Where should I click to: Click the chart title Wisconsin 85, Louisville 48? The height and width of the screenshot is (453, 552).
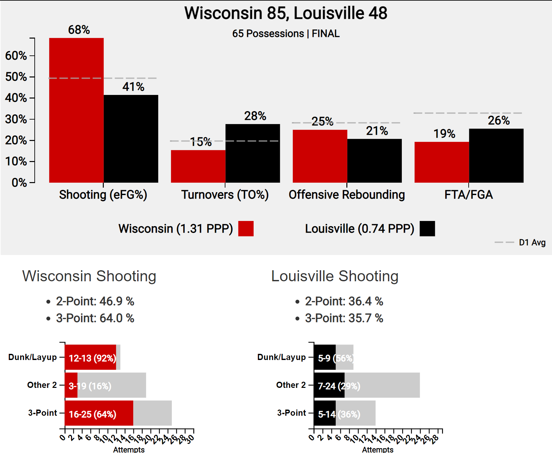point(286,13)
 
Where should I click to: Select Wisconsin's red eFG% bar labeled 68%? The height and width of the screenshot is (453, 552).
point(76,110)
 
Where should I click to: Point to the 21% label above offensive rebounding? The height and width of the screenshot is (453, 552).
point(377,131)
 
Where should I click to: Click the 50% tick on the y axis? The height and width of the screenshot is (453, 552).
point(16,77)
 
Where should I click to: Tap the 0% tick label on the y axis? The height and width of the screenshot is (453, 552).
point(19,182)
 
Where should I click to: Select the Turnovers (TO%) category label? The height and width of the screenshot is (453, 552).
point(225,195)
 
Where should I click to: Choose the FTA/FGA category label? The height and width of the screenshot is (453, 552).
point(468,195)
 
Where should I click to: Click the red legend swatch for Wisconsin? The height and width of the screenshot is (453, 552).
point(246,228)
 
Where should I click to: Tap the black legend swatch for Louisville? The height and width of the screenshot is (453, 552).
point(427,228)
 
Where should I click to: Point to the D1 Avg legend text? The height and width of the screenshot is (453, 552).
point(532,242)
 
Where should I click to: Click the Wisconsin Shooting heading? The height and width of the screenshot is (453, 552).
point(89,276)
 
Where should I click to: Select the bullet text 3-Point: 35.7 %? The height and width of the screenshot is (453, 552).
point(344,318)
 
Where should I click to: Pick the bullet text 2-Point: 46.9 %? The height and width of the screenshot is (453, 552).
point(95,301)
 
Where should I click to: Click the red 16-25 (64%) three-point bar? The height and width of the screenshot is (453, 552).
point(99,413)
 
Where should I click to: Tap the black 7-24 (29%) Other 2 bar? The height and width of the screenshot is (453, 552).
point(329,385)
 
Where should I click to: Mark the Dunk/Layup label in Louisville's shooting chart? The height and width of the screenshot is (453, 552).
point(281,357)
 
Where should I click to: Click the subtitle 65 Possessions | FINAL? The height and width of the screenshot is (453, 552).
point(286,34)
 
